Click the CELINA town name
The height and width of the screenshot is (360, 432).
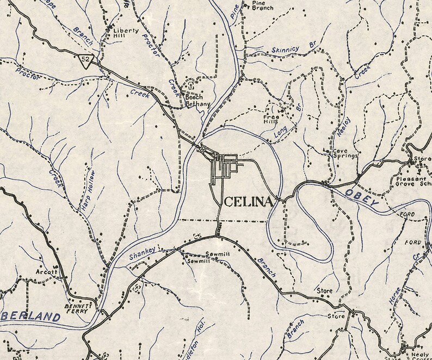tap(248, 202)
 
